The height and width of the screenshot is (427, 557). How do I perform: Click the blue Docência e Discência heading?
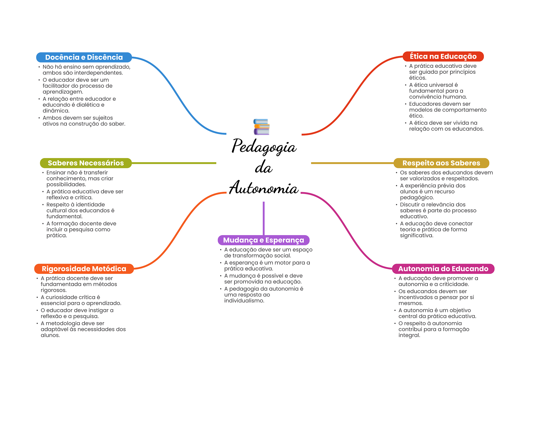(x=84, y=57)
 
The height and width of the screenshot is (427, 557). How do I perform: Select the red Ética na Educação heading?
(x=443, y=57)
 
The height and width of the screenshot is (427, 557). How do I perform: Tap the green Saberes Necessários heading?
(x=86, y=163)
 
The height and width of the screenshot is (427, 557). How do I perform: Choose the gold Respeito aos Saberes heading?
(x=441, y=163)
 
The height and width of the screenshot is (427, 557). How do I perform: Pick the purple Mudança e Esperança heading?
(x=263, y=240)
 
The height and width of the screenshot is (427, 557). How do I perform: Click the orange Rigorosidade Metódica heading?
(x=84, y=269)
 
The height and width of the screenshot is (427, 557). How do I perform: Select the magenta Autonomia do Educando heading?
(x=443, y=269)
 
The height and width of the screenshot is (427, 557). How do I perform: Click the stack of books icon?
(x=261, y=127)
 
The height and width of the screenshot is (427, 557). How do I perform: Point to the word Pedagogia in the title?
(x=264, y=146)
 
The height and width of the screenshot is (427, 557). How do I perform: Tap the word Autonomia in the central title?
(x=264, y=188)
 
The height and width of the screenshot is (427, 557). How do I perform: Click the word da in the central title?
(x=264, y=167)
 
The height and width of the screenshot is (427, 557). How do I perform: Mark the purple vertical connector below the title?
(x=264, y=218)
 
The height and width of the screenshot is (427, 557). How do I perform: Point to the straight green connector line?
(x=174, y=163)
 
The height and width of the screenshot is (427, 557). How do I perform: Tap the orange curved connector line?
(x=180, y=231)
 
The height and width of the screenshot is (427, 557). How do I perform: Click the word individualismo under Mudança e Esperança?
(x=244, y=301)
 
